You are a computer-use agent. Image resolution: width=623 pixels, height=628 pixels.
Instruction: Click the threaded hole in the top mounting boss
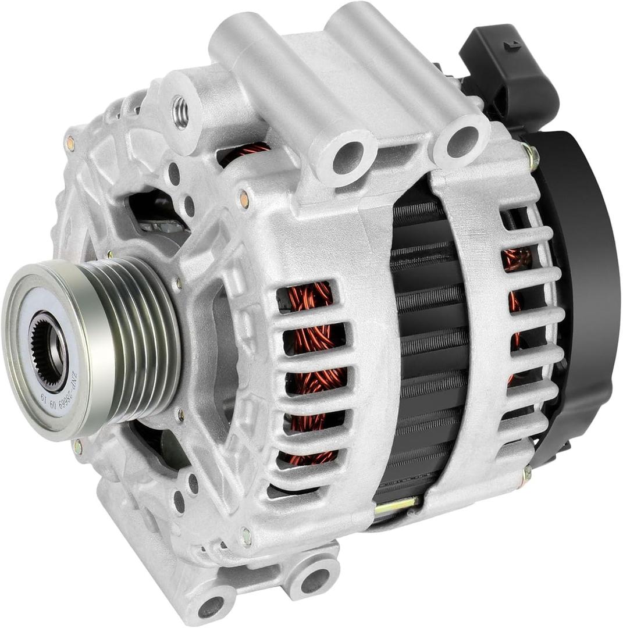tap(181, 112)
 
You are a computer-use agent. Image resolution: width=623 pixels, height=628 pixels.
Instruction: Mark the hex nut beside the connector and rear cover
tap(530, 155)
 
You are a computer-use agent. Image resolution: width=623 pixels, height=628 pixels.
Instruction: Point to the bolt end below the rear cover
tap(526, 474)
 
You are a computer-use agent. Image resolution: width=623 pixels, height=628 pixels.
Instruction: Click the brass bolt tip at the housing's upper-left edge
tap(70, 142)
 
